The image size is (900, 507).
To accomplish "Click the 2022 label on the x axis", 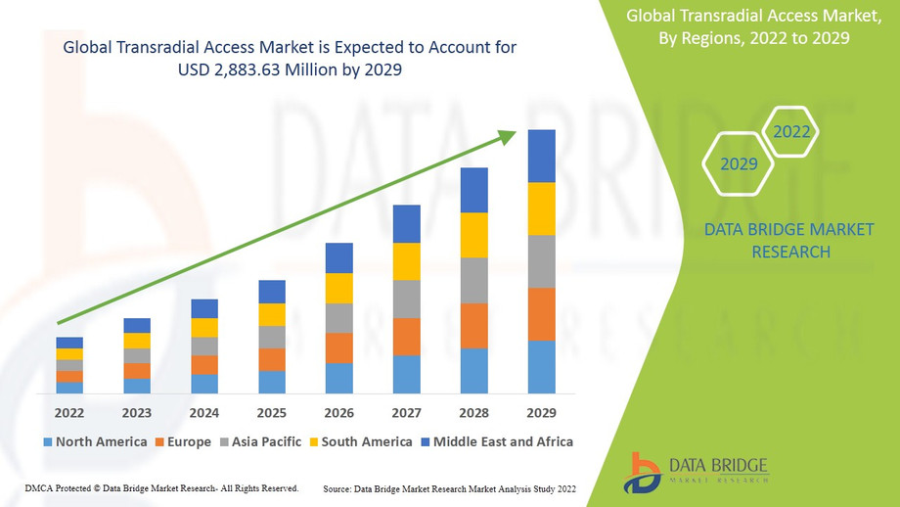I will (x=69, y=412).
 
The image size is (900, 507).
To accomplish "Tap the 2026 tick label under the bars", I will (x=339, y=412).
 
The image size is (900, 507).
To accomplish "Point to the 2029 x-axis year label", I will (x=541, y=412).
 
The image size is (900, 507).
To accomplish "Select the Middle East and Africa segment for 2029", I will (x=541, y=156).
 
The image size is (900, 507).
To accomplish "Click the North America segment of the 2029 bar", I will (x=541, y=367).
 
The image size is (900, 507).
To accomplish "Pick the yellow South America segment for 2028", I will (x=473, y=235).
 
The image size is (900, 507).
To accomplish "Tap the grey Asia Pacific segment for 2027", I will (x=407, y=299).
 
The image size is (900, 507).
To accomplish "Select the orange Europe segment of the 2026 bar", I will (x=339, y=347).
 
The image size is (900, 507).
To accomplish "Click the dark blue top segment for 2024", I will (x=204, y=308).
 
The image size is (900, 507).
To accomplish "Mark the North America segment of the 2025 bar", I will (x=272, y=382).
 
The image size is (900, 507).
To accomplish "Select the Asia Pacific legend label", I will (x=266, y=442).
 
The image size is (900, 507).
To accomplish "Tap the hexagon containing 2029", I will (x=739, y=163).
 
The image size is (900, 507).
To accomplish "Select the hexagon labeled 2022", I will (x=791, y=131).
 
